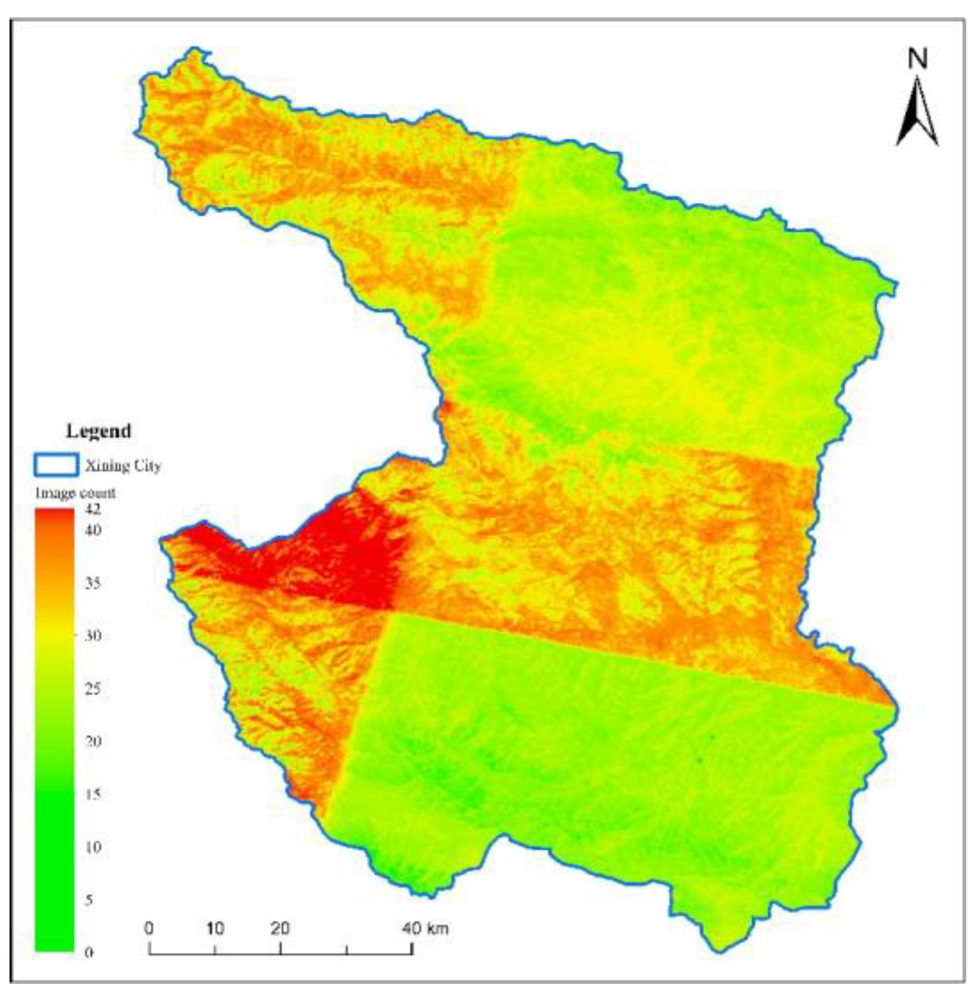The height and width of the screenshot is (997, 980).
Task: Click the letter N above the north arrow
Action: pos(918,59)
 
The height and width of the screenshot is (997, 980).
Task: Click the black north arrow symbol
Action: pos(918,113)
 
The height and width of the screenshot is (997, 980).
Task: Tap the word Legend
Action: pos(98,431)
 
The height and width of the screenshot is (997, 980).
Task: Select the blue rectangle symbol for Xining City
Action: pos(56,465)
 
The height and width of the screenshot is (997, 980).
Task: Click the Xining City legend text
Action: pos(123,465)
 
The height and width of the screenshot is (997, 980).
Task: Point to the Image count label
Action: pos(75,493)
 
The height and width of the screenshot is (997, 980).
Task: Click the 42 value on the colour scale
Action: pos(93,509)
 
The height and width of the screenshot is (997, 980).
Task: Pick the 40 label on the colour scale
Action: pos(93,530)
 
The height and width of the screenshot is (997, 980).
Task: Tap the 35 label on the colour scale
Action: pos(92,582)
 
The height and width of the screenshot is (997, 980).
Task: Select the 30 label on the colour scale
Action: pos(92,635)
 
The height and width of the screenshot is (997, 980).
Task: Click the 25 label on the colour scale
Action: pos(92,688)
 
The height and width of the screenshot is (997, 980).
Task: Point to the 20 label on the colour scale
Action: pos(92,741)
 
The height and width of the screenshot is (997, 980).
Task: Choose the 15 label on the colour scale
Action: pos(92,794)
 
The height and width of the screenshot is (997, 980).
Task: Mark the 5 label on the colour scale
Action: pos(89,900)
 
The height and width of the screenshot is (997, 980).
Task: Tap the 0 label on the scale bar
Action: pos(149,928)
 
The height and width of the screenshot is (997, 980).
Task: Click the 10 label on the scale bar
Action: pos(215,928)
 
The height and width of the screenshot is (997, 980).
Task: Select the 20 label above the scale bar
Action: pos(280,928)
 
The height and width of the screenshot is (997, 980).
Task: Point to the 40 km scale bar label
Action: pos(425,928)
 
